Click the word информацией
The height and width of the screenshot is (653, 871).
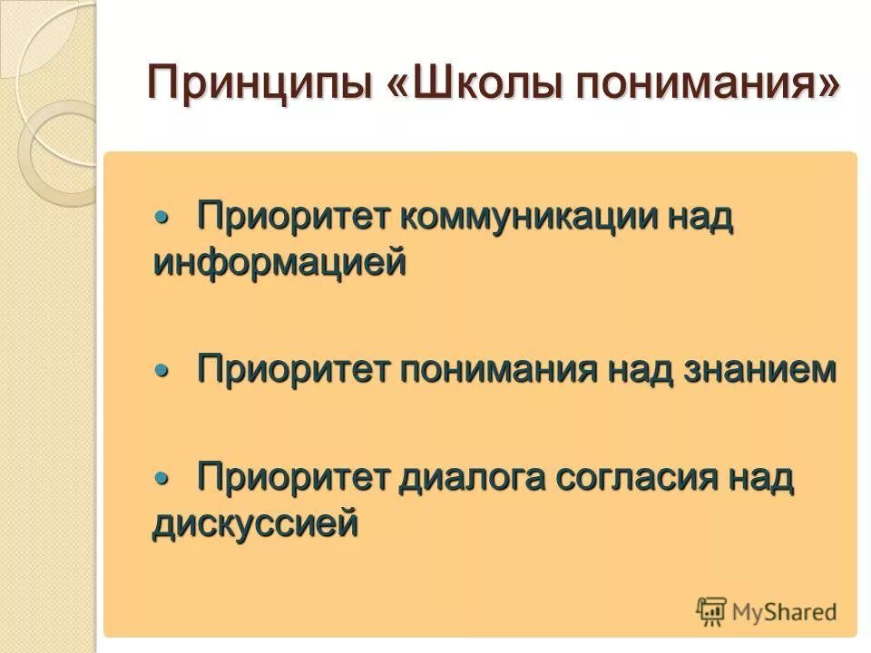[279, 263]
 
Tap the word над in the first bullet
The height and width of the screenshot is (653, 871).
[700, 218]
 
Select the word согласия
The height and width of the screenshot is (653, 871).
[632, 478]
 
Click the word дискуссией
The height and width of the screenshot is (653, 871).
[255, 523]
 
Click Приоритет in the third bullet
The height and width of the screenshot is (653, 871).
[294, 478]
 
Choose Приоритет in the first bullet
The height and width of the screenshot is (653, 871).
[294, 218]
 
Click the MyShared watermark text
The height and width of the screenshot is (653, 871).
[784, 612]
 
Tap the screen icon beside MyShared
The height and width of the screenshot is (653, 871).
[711, 612]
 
